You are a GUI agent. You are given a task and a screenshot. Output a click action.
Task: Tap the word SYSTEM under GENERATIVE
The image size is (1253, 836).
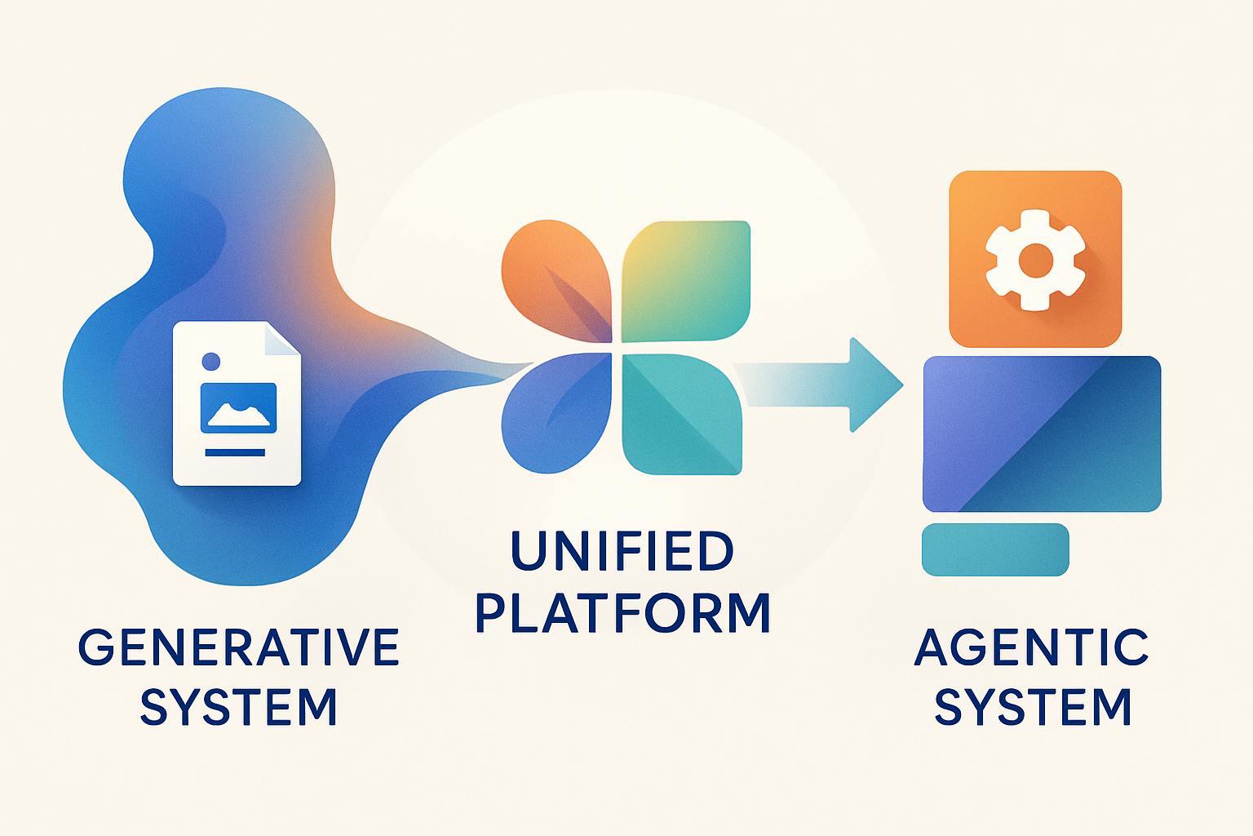(x=238, y=707)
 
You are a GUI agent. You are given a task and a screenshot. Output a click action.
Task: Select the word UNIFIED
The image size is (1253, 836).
(x=622, y=551)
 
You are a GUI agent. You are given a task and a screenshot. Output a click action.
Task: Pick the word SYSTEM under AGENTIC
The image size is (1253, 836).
(x=1033, y=707)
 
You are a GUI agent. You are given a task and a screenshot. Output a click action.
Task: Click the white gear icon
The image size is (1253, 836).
(x=1035, y=260)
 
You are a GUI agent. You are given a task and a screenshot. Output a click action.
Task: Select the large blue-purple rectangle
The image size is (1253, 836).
(x=1042, y=434)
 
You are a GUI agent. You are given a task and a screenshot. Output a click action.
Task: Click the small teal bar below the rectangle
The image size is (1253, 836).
(x=994, y=549)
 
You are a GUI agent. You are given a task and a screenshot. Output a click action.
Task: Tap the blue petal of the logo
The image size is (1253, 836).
(x=555, y=416)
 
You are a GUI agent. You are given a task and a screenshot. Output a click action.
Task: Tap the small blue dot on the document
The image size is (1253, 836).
(x=210, y=360)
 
